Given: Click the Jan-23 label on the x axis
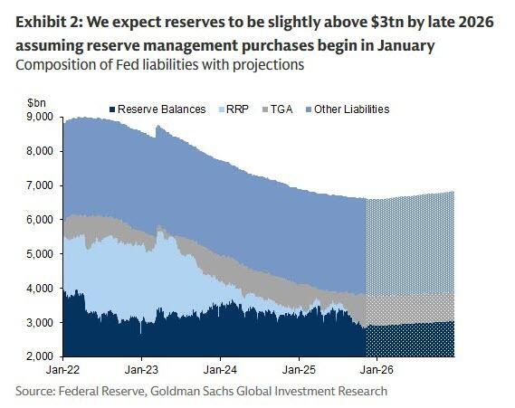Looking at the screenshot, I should pyautogui.click(x=141, y=370).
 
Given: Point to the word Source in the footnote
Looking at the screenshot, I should pyautogui.click(x=35, y=391).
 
